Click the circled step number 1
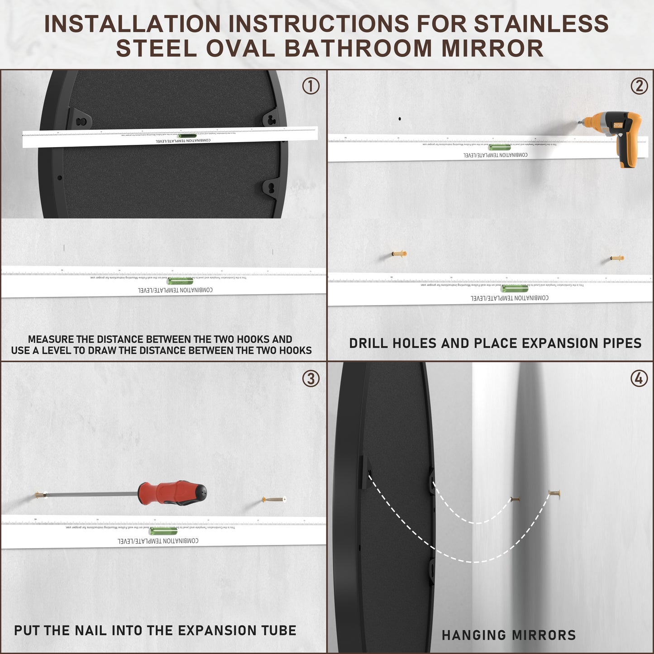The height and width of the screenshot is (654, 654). tap(311, 86)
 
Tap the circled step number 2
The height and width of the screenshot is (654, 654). tap(639, 86)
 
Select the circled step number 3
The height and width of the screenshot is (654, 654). tap(311, 378)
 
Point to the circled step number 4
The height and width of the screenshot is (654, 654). tap(639, 378)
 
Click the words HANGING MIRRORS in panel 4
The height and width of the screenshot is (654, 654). tap(509, 635)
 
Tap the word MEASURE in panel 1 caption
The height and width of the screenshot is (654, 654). tap(51, 339)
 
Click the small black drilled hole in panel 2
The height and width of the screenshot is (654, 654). tap(400, 119)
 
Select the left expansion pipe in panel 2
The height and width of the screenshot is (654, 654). tap(399, 254)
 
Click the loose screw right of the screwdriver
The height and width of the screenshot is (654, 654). tap(274, 500)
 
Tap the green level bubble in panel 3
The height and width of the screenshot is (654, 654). tap(163, 531)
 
